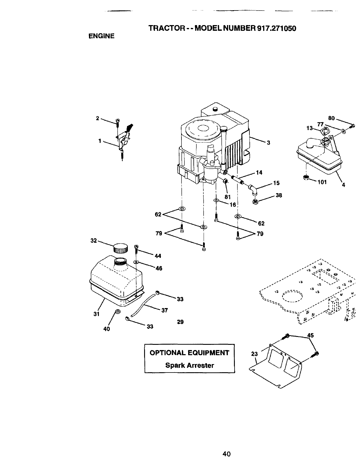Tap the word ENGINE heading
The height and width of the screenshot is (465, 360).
tap(101, 36)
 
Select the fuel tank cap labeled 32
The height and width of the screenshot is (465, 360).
tap(120, 248)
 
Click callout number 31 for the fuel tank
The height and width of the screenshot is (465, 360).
tap(97, 314)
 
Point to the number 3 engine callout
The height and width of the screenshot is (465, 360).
tap(268, 143)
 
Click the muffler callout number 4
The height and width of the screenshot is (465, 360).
tap(344, 185)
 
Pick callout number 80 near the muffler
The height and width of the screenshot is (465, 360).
tap(331, 118)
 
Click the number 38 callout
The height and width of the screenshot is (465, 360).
tap(279, 195)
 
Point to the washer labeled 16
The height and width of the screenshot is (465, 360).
tap(216, 200)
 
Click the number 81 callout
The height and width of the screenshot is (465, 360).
tap(228, 197)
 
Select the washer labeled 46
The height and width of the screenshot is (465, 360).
tap(136, 262)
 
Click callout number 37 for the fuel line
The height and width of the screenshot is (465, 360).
tap(165, 310)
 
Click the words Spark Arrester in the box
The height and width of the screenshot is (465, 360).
tap(190, 365)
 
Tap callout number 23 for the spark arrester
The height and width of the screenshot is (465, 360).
tap(254, 354)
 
